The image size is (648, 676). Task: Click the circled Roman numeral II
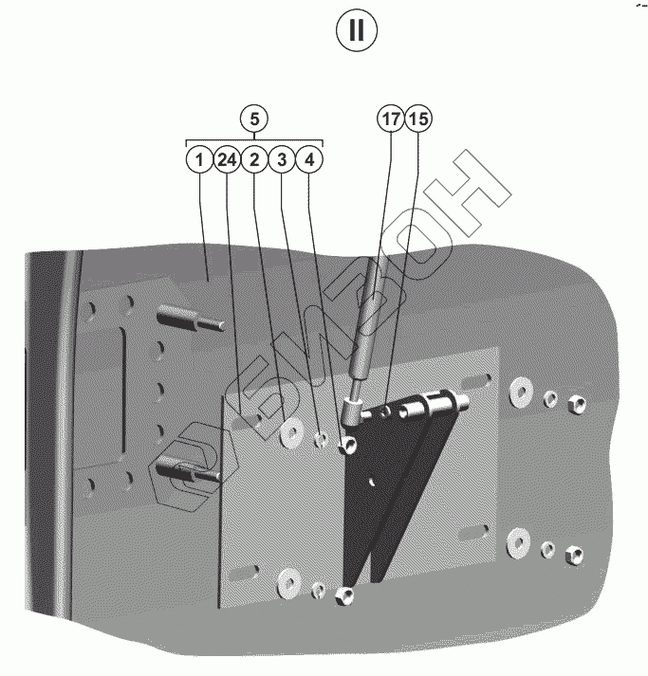tap(357, 30)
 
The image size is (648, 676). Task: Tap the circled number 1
tap(198, 159)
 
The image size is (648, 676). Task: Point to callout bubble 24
tap(226, 159)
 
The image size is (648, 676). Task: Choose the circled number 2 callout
tap(254, 159)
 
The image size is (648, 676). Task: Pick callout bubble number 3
tap(282, 159)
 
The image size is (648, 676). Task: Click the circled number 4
tap(309, 159)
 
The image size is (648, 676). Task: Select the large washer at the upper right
tap(519, 390)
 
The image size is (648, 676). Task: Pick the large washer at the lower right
tap(518, 541)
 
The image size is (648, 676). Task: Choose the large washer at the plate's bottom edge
tap(287, 582)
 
